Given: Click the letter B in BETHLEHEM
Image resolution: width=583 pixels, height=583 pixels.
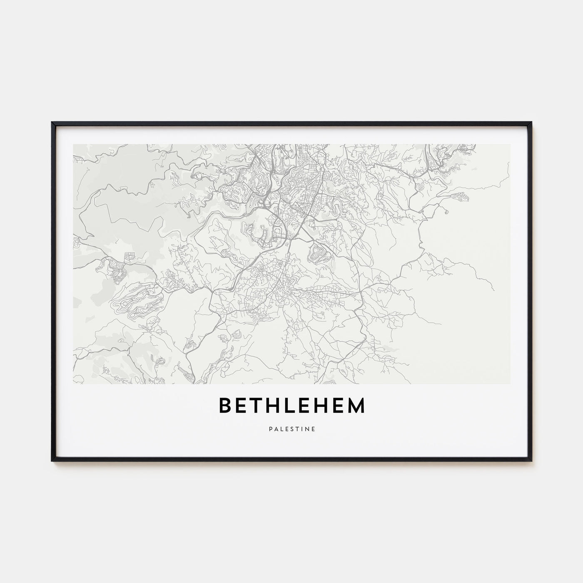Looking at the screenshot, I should coord(225,406).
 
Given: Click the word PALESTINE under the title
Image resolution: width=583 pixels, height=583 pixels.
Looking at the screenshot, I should coord(291,428).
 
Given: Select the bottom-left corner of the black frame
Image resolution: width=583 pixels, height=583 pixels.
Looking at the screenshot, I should coord(52,461).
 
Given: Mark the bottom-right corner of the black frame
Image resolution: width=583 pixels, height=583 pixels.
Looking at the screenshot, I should coord(531,461).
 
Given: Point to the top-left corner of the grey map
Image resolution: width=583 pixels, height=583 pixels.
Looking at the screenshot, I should coord(73,145).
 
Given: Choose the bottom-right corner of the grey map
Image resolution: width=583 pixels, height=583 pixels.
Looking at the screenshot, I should coord(510,384).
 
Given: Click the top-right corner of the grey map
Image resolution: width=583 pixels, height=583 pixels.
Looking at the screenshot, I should coord(510,145).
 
